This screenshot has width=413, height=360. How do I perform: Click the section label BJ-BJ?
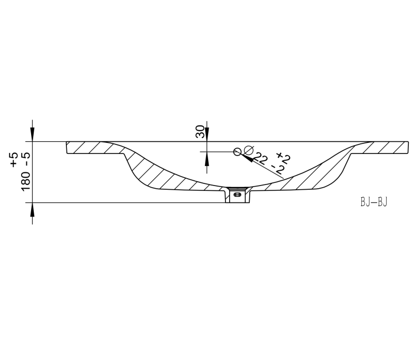374,202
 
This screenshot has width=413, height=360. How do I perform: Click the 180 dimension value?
26,181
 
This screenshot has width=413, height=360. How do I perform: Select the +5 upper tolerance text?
14,159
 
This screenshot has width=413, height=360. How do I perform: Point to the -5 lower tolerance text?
26,159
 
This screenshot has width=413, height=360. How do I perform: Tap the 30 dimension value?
200,131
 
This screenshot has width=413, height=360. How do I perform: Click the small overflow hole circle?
237,152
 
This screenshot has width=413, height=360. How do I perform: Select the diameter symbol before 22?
249,150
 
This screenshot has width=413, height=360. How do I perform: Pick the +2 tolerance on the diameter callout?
283,157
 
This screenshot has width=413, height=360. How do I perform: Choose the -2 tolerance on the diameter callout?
278,170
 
